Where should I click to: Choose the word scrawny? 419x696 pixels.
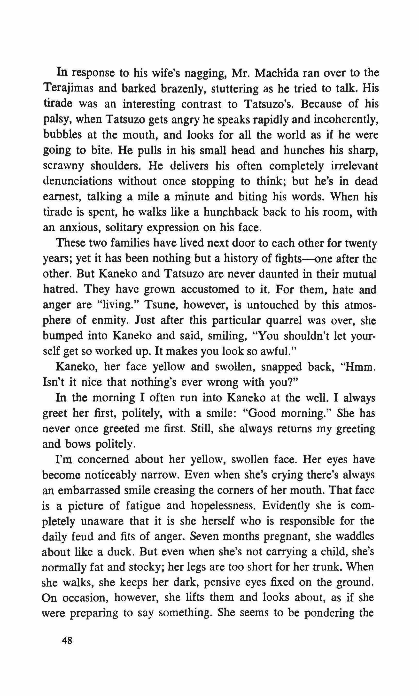pyautogui.click(x=63, y=166)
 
